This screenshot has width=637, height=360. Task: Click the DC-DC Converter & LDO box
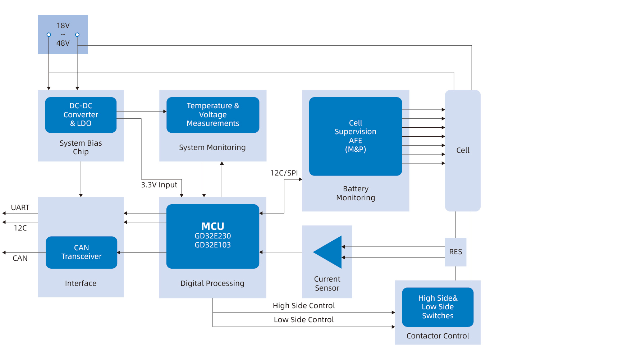point(81,115)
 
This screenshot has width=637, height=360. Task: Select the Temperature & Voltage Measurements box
point(212,115)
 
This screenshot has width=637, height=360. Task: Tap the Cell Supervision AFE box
point(355,136)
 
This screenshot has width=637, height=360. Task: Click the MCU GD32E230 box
point(212,236)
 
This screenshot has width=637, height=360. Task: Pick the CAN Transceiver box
point(81,252)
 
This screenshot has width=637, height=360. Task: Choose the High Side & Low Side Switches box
point(437,307)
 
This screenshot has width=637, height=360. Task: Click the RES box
point(455,252)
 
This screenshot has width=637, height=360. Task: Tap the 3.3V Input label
point(159,185)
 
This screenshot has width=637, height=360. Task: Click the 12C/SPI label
point(284,173)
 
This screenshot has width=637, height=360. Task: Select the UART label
point(20,208)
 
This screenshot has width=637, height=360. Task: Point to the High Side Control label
point(304,306)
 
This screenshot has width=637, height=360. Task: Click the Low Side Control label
point(304,320)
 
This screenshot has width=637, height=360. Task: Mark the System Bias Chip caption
point(81,147)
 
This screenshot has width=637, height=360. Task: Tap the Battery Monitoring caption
point(356,193)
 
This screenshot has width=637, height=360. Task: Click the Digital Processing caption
point(212,283)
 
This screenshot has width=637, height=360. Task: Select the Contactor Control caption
point(437,336)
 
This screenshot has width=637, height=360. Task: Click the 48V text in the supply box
point(63,43)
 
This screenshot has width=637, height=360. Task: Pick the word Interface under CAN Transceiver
point(81,283)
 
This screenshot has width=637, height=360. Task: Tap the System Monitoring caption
point(212,147)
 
